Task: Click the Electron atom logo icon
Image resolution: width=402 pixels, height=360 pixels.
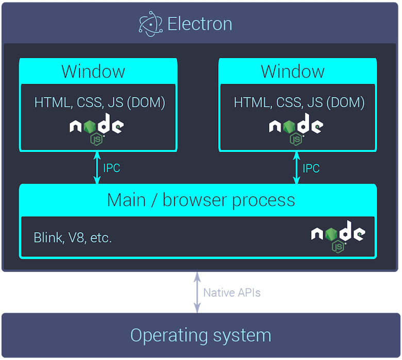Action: (150, 24)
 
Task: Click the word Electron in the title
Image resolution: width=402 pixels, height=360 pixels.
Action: (200, 24)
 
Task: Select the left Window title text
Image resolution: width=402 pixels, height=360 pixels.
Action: (93, 71)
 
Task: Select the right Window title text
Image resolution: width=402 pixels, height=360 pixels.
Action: (293, 71)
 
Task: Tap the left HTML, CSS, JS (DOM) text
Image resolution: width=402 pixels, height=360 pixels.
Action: (99, 102)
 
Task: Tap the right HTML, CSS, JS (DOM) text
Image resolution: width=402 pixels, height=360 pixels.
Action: (299, 102)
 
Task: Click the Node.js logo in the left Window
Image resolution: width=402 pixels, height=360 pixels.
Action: (96, 128)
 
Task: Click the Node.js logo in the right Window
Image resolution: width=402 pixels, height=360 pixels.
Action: (296, 128)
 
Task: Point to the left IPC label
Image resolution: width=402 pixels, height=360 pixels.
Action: (112, 168)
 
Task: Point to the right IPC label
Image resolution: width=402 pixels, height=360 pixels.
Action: (311, 168)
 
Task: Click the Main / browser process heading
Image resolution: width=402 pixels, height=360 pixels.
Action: (201, 200)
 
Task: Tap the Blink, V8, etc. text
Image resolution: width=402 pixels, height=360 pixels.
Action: (73, 238)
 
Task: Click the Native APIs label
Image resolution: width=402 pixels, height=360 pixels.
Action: (231, 293)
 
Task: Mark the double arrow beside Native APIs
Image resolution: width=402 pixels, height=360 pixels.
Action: (197, 292)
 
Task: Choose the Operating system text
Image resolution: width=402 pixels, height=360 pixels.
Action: (200, 335)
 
